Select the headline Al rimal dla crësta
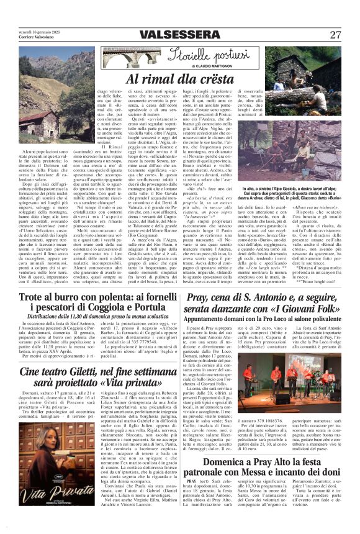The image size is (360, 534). [x=181, y=79]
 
